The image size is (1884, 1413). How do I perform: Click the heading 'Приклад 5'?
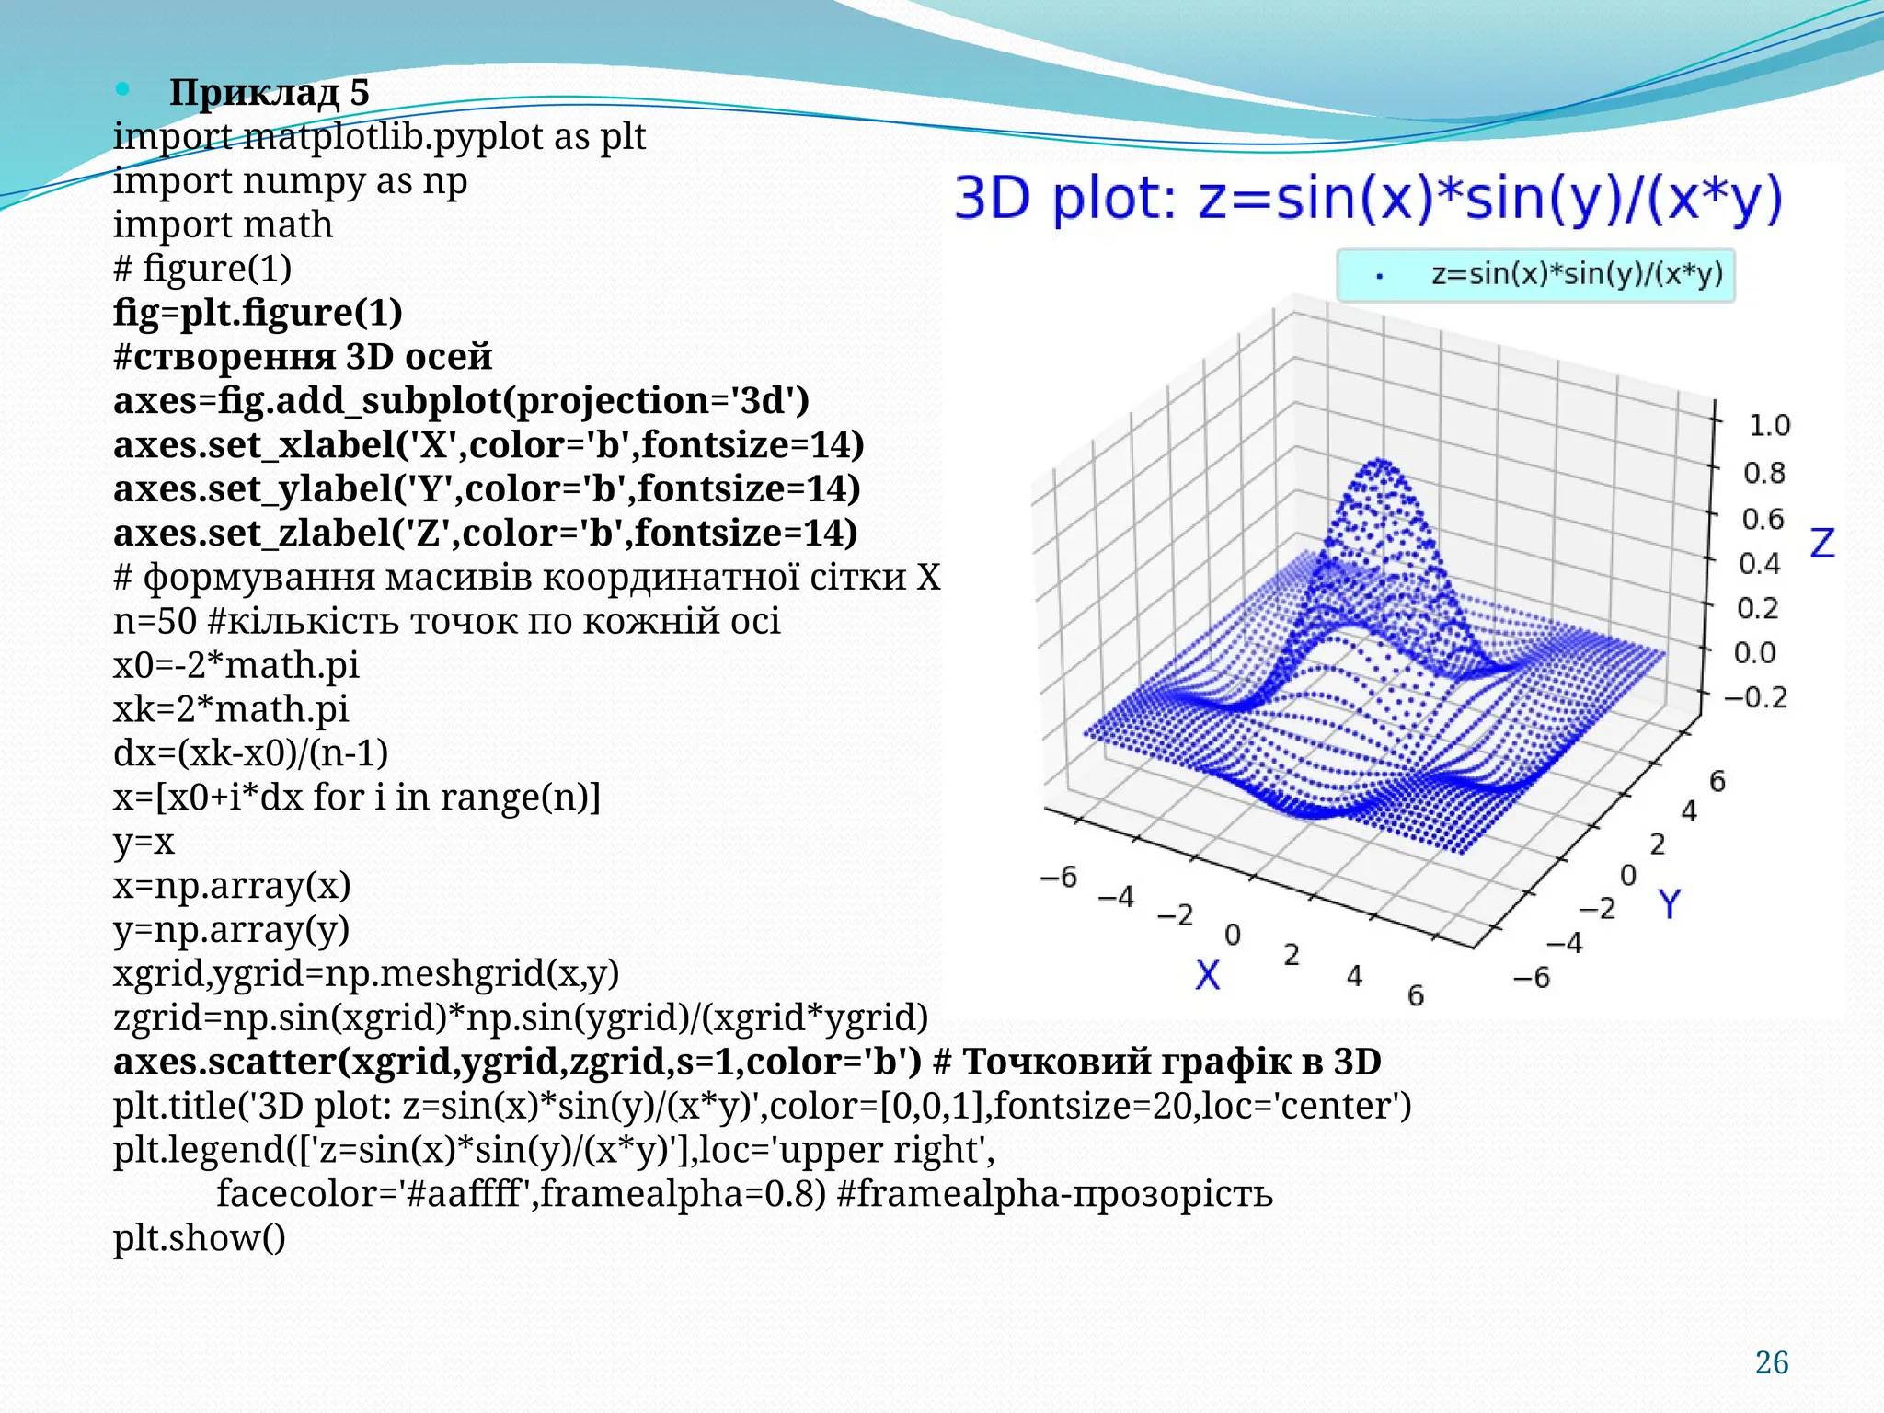coord(269,92)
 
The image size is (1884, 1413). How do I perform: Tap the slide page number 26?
coord(1771,1362)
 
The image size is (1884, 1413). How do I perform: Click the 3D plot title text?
coord(1367,199)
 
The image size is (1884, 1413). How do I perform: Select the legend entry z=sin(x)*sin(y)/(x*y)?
coord(1576,274)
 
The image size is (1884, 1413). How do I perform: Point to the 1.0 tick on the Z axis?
coord(1769,426)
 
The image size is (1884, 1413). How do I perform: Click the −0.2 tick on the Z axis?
coord(1755,697)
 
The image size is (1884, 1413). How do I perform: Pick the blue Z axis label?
coord(1821,544)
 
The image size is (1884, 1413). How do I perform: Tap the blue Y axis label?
coord(1670,904)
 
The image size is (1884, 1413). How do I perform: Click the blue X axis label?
coord(1207,975)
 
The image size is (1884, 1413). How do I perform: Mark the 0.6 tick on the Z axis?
coord(1763,520)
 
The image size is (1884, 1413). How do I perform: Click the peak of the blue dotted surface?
coord(1380,463)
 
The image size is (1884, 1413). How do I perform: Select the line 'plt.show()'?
coord(199,1237)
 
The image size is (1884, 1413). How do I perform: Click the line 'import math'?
coord(223,224)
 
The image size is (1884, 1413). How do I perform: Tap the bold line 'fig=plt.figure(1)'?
coord(258,313)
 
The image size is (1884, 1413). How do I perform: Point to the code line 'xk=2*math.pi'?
coord(231,709)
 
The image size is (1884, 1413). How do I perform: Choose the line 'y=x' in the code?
coord(144,841)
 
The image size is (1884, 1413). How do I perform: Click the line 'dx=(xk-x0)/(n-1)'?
coord(250,753)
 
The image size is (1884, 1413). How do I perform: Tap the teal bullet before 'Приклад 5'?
coord(122,90)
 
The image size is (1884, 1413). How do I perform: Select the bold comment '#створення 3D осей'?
coord(303,357)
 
